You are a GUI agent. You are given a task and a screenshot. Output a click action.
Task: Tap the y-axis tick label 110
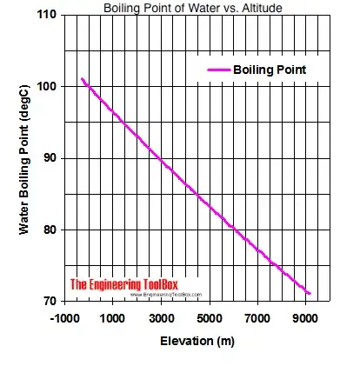pyautogui.click(x=47, y=16)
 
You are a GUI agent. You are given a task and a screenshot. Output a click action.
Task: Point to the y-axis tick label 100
pyautogui.click(x=47, y=87)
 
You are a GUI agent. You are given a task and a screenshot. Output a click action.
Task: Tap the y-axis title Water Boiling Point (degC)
pyautogui.click(x=26, y=158)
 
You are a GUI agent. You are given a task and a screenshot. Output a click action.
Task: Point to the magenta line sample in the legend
pyautogui.click(x=217, y=69)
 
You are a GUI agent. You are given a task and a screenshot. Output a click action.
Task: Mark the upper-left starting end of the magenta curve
pyautogui.click(x=82, y=79)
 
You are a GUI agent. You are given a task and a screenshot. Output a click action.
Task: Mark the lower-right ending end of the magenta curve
pyautogui.click(x=310, y=293)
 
